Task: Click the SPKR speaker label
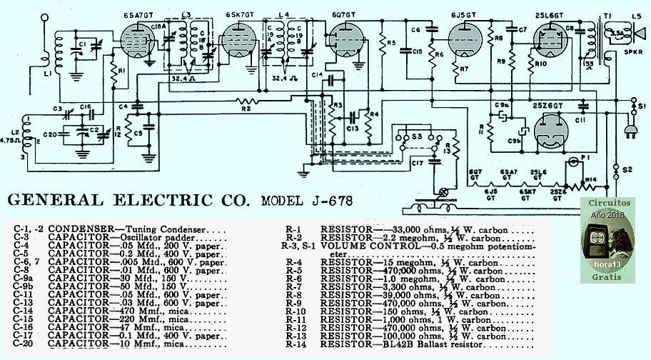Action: click(x=633, y=53)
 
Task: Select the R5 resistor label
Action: click(x=390, y=43)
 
